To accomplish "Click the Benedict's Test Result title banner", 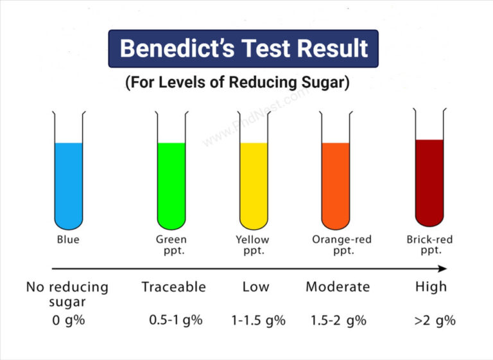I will [x=244, y=49].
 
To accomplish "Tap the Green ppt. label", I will [x=171, y=244].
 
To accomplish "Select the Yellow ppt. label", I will [x=254, y=244].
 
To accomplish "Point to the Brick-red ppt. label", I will [x=429, y=244].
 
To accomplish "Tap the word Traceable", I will [x=173, y=287].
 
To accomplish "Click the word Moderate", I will [x=338, y=287].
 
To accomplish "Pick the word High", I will [x=431, y=287].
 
